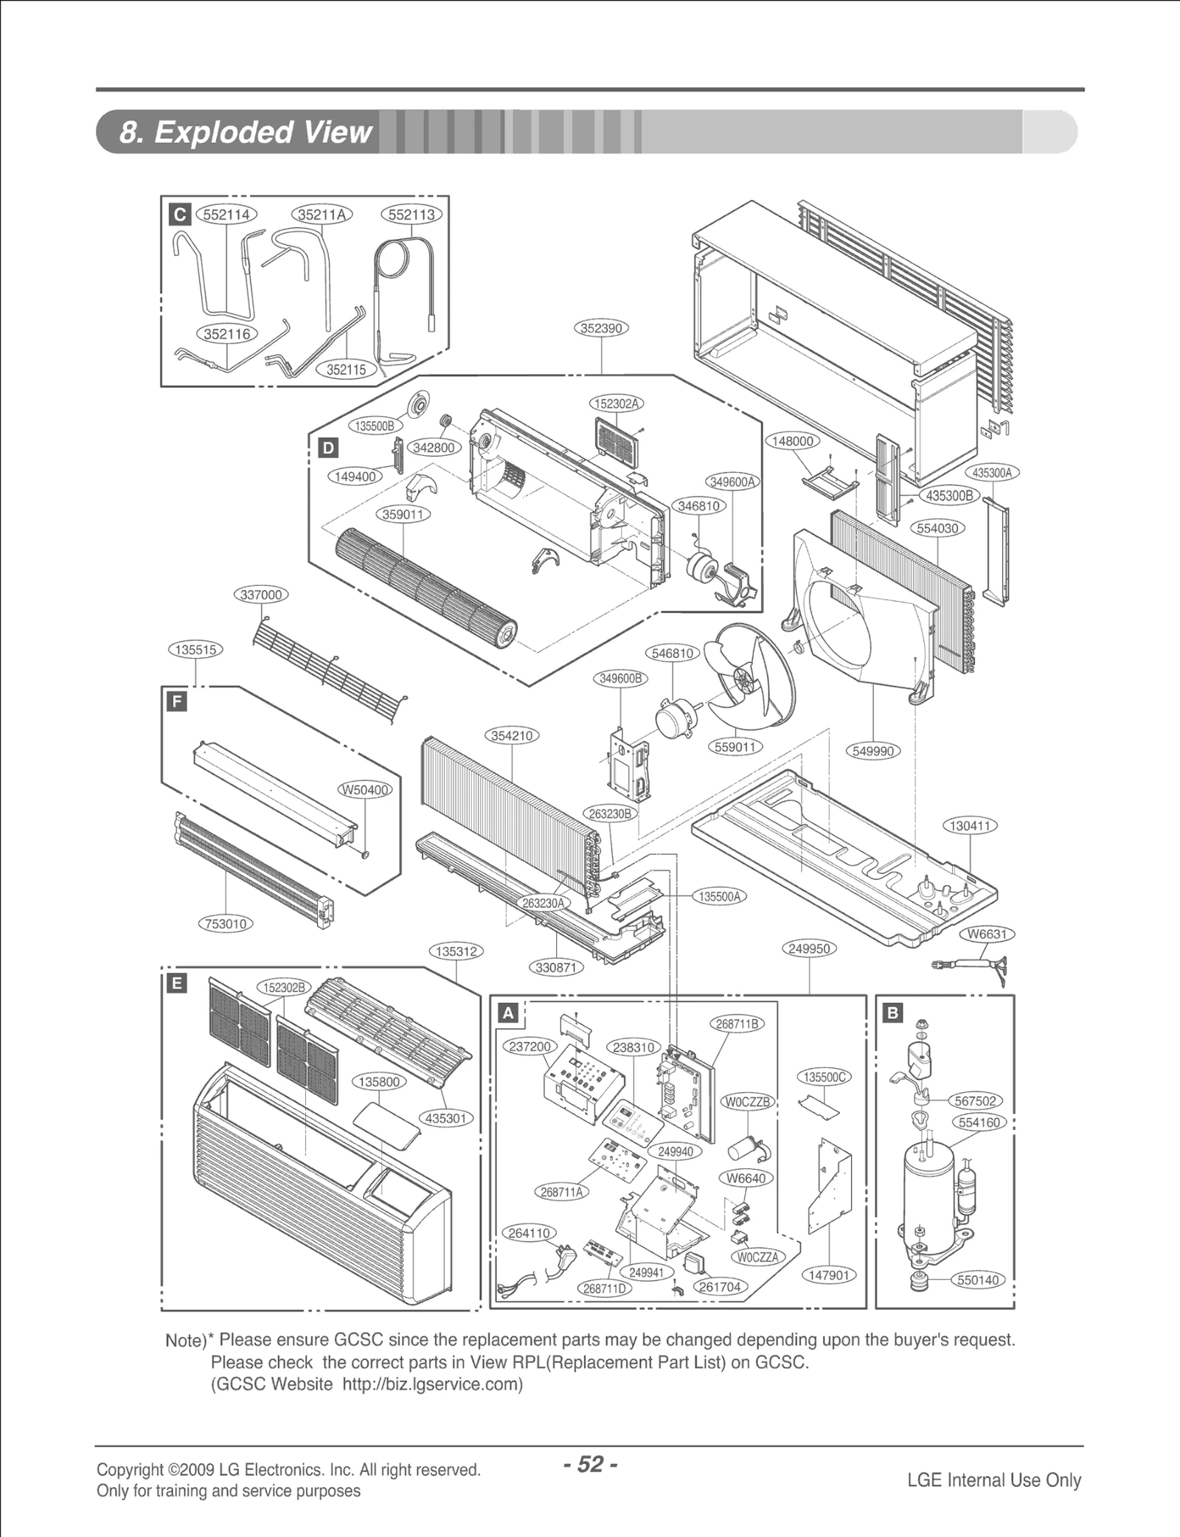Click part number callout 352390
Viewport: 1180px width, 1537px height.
[601, 328]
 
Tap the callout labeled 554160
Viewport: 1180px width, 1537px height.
[979, 1123]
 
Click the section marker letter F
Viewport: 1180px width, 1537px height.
[176, 701]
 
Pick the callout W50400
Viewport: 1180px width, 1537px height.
[365, 790]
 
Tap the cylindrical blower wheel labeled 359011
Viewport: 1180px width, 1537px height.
[424, 590]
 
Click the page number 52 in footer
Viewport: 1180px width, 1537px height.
[589, 1464]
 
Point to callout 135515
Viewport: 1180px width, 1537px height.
[195, 650]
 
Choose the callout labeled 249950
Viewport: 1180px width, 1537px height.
[809, 948]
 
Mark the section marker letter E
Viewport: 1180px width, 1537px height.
[177, 983]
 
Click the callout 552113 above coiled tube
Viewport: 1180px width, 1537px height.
[411, 215]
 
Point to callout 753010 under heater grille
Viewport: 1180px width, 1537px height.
[226, 923]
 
